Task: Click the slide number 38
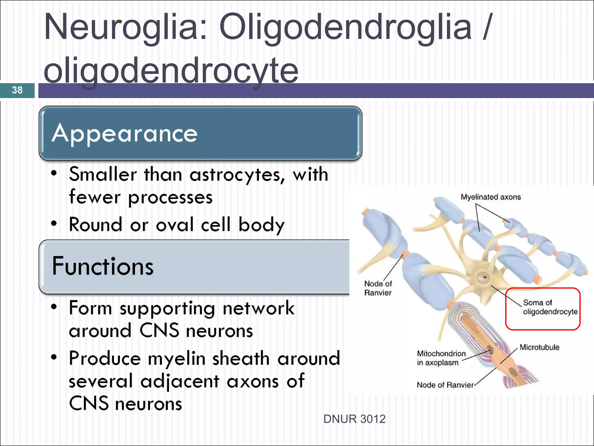17,90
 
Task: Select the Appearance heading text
125,134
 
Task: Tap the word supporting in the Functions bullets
167,309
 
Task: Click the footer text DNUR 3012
354,419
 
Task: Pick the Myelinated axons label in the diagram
491,197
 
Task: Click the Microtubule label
539,347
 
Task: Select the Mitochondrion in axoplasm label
441,358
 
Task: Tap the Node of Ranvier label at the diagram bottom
445,385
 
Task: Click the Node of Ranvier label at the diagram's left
378,288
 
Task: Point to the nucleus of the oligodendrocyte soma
484,277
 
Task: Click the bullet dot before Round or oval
54,224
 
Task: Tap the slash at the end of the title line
487,28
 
